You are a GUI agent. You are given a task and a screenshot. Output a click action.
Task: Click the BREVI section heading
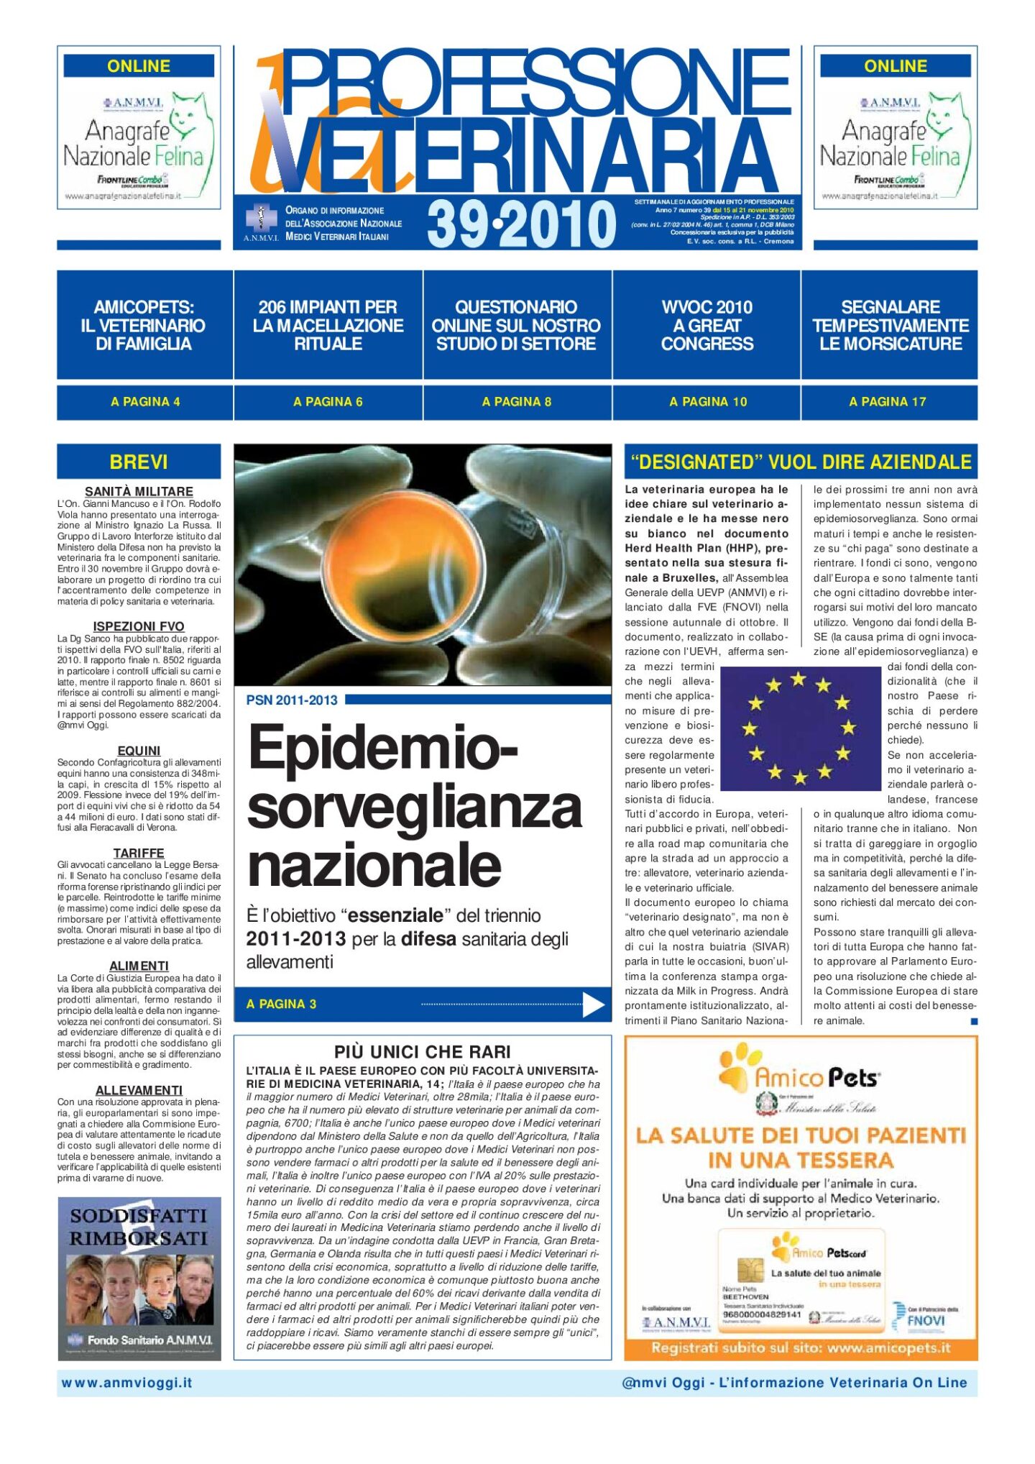(x=139, y=462)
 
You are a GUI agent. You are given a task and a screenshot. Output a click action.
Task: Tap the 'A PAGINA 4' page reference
(x=145, y=402)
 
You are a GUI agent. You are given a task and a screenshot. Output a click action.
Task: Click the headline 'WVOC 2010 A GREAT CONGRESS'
(x=707, y=325)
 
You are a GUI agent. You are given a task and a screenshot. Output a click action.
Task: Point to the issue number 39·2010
(x=521, y=224)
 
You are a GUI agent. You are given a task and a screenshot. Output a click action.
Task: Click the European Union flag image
(x=799, y=728)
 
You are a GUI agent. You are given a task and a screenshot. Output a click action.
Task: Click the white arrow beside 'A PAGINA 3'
(x=593, y=1005)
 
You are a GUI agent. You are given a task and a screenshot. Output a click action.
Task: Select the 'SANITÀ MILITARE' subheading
(x=139, y=492)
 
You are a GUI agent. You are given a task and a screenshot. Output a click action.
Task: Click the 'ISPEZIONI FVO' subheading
(x=139, y=626)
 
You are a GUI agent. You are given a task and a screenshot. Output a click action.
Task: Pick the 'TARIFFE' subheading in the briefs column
(x=139, y=853)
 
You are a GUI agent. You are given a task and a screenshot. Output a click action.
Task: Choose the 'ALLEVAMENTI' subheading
(x=139, y=1090)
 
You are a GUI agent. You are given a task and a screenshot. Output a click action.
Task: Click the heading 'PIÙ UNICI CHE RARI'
(x=422, y=1052)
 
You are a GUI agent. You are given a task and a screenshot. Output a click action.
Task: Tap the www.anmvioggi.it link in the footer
(x=127, y=1383)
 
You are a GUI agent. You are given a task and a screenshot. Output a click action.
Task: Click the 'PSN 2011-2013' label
(x=291, y=700)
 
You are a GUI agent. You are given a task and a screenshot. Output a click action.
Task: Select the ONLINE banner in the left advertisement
(x=139, y=66)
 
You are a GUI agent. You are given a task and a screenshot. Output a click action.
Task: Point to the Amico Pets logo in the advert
(x=799, y=1076)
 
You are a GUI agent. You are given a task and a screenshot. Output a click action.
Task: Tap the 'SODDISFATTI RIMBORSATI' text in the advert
(x=139, y=1227)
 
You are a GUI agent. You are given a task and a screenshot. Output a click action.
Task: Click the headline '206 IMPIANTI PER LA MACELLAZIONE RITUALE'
(x=328, y=325)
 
